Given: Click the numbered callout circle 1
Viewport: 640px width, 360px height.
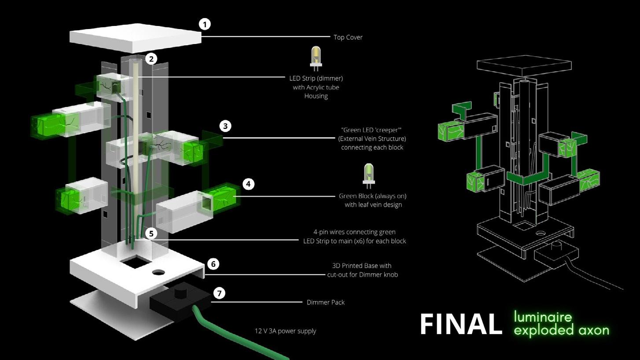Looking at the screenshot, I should point(204,24).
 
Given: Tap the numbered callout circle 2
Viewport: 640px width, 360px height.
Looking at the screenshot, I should point(151,59).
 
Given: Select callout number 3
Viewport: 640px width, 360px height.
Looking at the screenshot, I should point(225,126).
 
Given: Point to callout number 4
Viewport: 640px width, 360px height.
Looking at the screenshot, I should point(248,184).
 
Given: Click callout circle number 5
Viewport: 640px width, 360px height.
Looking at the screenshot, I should point(151,233).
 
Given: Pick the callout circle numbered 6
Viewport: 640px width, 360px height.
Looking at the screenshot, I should point(213,264).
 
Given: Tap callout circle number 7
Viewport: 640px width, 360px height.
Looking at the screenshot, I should point(219,293).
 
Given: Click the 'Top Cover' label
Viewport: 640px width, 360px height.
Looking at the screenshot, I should point(348,37).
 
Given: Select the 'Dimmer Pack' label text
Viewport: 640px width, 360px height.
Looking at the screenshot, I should point(325,302).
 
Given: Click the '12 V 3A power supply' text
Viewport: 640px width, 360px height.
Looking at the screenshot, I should point(285,331).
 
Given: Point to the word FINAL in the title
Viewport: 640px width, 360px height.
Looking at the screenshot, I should point(461,325).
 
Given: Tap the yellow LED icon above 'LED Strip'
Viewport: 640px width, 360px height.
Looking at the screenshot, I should point(316,58).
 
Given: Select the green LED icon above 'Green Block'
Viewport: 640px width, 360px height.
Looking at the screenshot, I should point(368,175).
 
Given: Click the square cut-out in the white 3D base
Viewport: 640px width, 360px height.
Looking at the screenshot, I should point(135,263).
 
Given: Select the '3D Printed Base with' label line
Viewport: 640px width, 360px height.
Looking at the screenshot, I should point(361,266).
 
